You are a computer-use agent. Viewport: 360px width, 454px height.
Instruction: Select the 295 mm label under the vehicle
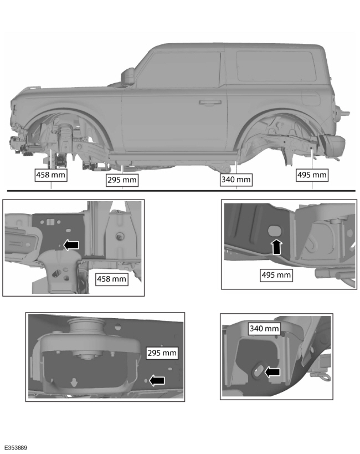coord(122,180)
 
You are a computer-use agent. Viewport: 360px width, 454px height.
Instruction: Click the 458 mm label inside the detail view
coord(112,278)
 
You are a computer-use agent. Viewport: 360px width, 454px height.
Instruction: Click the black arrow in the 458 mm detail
coord(71,245)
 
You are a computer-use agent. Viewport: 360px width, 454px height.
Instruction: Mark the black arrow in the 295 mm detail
coord(158,380)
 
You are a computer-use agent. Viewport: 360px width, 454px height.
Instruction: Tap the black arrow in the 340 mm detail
coord(272,373)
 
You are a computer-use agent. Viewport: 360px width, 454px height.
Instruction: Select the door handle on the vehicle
coord(209,103)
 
